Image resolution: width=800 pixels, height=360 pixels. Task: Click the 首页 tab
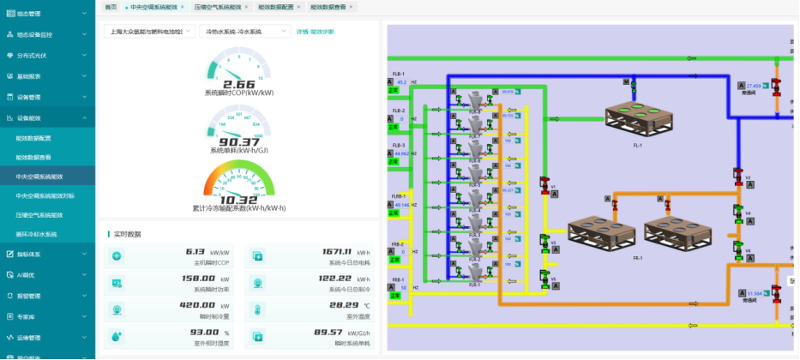pyautogui.click(x=111, y=6)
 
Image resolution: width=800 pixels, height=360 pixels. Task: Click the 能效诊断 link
pyautogui.click(x=322, y=32)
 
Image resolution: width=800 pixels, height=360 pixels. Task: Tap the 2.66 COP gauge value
pyautogui.click(x=239, y=84)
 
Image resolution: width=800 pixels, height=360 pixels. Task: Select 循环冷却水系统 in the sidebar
pyautogui.click(x=36, y=234)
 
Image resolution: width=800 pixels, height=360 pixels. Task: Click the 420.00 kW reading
pyautogui.click(x=197, y=305)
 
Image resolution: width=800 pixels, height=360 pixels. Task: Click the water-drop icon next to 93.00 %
pyautogui.click(x=117, y=336)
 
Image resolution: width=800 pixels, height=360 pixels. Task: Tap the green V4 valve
pyautogui.click(x=737, y=211)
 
